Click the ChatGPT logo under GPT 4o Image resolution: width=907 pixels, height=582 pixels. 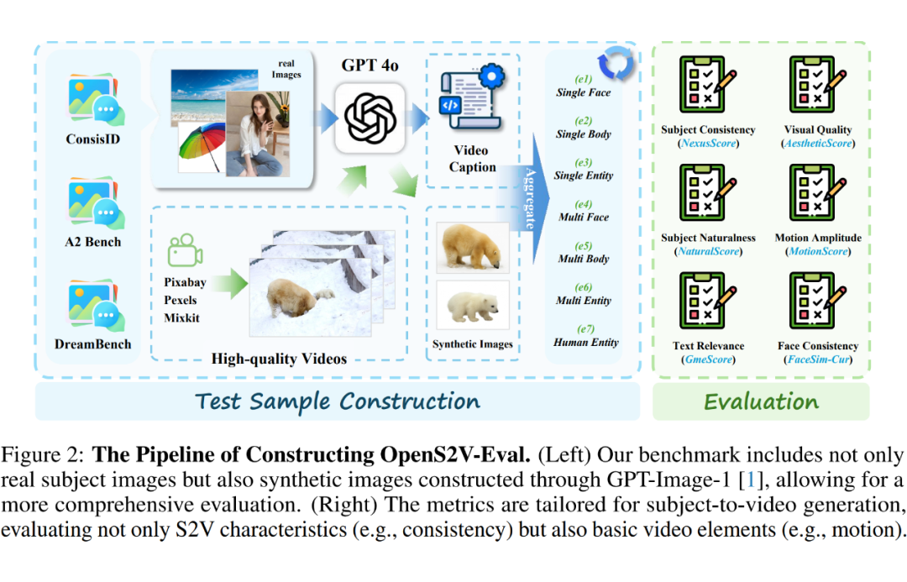coord(370,118)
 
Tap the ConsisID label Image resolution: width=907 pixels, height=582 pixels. coord(93,139)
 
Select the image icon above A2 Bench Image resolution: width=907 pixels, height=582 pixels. coord(96,203)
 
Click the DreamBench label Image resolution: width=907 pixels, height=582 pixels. coord(93,344)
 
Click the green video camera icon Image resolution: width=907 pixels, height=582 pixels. coord(185,250)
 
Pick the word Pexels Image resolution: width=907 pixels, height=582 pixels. coord(181,301)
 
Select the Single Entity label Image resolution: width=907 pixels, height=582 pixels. coord(584,176)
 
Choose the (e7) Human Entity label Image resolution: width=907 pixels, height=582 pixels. coord(585,336)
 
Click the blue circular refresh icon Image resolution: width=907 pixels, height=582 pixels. coord(616,63)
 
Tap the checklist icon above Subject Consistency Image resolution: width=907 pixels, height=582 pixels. coord(707,85)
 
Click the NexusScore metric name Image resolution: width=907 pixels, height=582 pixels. coord(709,143)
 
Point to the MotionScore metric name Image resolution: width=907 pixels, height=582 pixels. coord(818,251)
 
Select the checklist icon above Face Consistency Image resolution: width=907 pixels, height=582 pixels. coord(817,301)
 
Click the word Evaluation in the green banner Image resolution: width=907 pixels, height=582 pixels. coord(761,401)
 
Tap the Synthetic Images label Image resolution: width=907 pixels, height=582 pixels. coord(473,344)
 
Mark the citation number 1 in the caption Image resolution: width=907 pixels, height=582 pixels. coord(751,480)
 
